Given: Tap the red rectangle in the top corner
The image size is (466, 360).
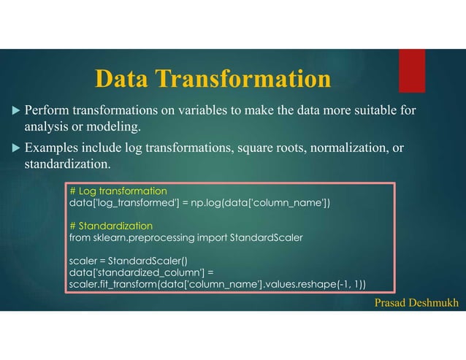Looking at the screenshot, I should [x=411, y=70].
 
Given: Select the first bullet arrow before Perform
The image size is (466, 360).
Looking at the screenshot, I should [x=16, y=112].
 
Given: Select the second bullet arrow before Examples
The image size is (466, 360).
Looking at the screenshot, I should [x=16, y=149].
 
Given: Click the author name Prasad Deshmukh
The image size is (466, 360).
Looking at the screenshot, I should [x=414, y=302].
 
